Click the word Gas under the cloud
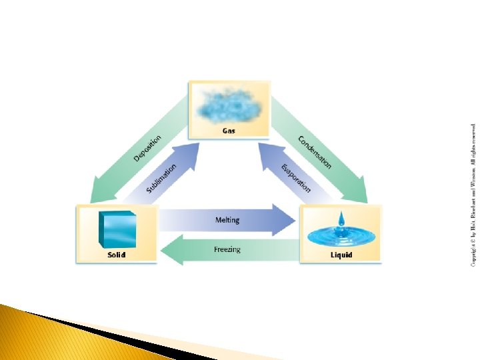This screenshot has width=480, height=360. tap(229, 131)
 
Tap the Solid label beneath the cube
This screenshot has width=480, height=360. tap(117, 255)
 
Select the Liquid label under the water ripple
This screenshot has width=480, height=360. tap(341, 255)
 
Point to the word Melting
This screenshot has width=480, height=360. tap(227, 220)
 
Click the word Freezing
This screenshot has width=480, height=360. tap(227, 249)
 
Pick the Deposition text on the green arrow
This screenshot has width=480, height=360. tap(147, 149)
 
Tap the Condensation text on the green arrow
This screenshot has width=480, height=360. tap(314, 152)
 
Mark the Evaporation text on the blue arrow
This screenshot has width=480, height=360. tap(296, 177)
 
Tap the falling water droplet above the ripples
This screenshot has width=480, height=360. tap(341, 219)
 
